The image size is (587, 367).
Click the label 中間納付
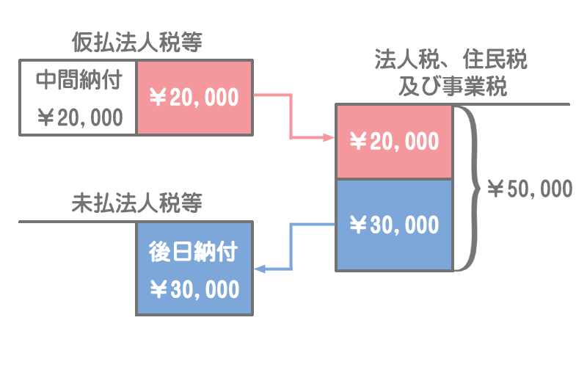tap(79, 79)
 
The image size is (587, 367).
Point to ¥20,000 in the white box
tap(79, 117)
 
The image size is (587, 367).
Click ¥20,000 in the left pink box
tap(194, 98)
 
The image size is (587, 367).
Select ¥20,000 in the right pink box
tap(394, 142)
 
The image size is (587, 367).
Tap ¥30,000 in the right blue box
tap(394, 225)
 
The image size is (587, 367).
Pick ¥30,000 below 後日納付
tap(194, 289)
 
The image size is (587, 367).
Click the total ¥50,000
tap(529, 189)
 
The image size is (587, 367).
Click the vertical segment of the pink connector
tap(291, 116)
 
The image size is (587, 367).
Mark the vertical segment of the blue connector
tap(293, 247)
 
